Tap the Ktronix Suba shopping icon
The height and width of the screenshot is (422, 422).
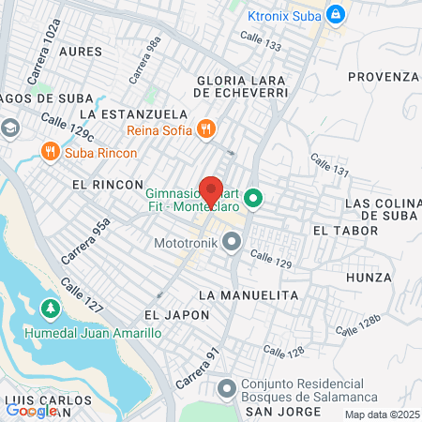(x=336, y=14)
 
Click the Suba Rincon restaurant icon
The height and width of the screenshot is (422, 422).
(x=50, y=152)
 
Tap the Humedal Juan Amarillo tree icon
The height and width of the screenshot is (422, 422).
(x=50, y=308)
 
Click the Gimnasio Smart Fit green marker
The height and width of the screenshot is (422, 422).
(x=252, y=199)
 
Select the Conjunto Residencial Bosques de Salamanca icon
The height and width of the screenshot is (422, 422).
(x=226, y=387)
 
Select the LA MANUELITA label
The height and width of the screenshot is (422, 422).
(x=248, y=294)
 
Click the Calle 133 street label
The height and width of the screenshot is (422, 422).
(x=260, y=39)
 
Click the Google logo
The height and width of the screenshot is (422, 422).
(x=31, y=410)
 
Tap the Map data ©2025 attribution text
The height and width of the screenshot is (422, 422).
(x=382, y=414)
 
